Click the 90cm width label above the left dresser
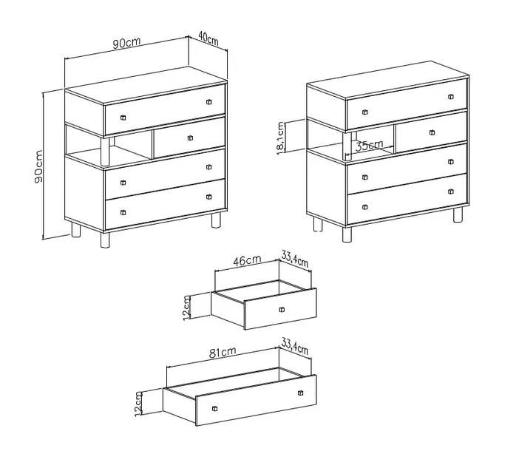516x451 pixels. pyautogui.click(x=126, y=43)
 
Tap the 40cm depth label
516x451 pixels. pyautogui.click(x=208, y=38)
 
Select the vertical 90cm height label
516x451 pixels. pyautogui.click(x=38, y=166)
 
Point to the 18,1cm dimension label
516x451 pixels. pyautogui.click(x=280, y=138)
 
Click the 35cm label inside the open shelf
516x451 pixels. pyautogui.click(x=369, y=145)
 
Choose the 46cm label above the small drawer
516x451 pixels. pyautogui.click(x=247, y=260)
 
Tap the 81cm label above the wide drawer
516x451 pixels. pyautogui.click(x=223, y=353)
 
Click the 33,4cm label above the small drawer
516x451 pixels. pyautogui.click(x=295, y=259)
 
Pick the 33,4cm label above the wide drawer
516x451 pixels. pyautogui.click(x=295, y=347)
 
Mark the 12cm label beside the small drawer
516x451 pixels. pyautogui.click(x=186, y=308)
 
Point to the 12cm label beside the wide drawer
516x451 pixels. pyautogui.click(x=138, y=404)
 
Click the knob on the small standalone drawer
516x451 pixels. pyautogui.click(x=282, y=310)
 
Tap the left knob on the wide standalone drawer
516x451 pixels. pyautogui.click(x=215, y=409)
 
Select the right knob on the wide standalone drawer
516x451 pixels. pyautogui.click(x=300, y=393)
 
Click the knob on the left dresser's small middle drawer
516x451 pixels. pyautogui.click(x=190, y=138)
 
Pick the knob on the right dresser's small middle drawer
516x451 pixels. pyautogui.click(x=432, y=132)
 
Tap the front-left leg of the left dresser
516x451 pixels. pyautogui.click(x=105, y=240)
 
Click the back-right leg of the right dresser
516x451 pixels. pyautogui.click(x=458, y=215)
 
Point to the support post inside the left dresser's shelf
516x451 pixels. pyautogui.click(x=105, y=152)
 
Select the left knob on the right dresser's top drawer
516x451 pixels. pyautogui.click(x=365, y=112)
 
